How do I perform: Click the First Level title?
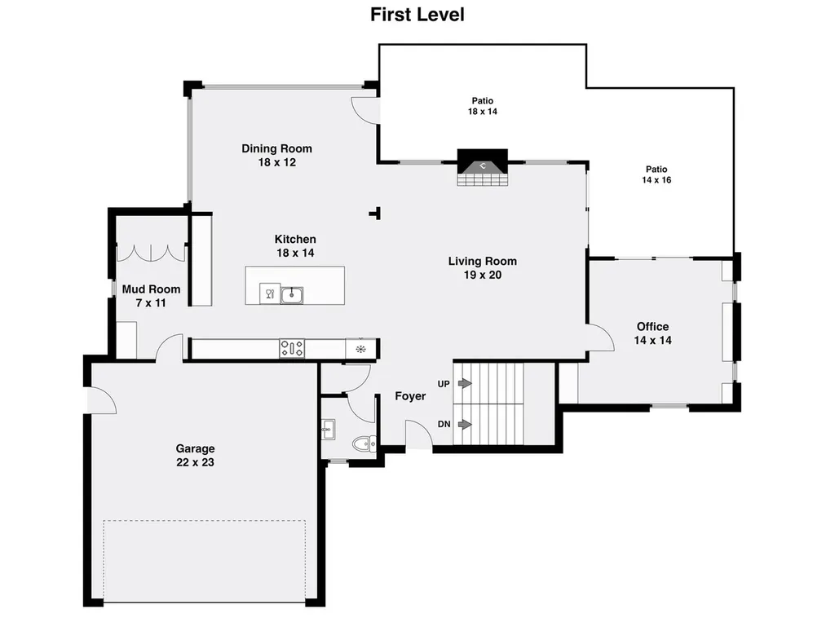click(417, 15)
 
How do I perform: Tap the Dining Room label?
click(277, 156)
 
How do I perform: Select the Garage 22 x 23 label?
click(196, 456)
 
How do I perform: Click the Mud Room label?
click(151, 296)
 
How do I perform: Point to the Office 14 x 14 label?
click(653, 333)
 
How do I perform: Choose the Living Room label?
click(483, 267)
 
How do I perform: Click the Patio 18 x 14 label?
click(483, 106)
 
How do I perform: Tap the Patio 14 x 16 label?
click(656, 174)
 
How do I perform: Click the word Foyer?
click(410, 396)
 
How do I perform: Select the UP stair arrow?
click(465, 383)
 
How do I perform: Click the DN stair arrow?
click(465, 424)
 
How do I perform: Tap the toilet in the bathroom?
click(364, 443)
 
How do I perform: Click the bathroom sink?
click(328, 430)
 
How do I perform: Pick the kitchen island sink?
click(292, 295)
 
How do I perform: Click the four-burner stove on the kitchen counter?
click(292, 349)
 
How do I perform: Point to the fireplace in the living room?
click(483, 167)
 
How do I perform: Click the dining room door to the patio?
click(365, 111)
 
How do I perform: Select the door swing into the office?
click(601, 337)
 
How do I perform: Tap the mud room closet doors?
click(151, 253)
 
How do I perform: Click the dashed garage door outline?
click(205, 561)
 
